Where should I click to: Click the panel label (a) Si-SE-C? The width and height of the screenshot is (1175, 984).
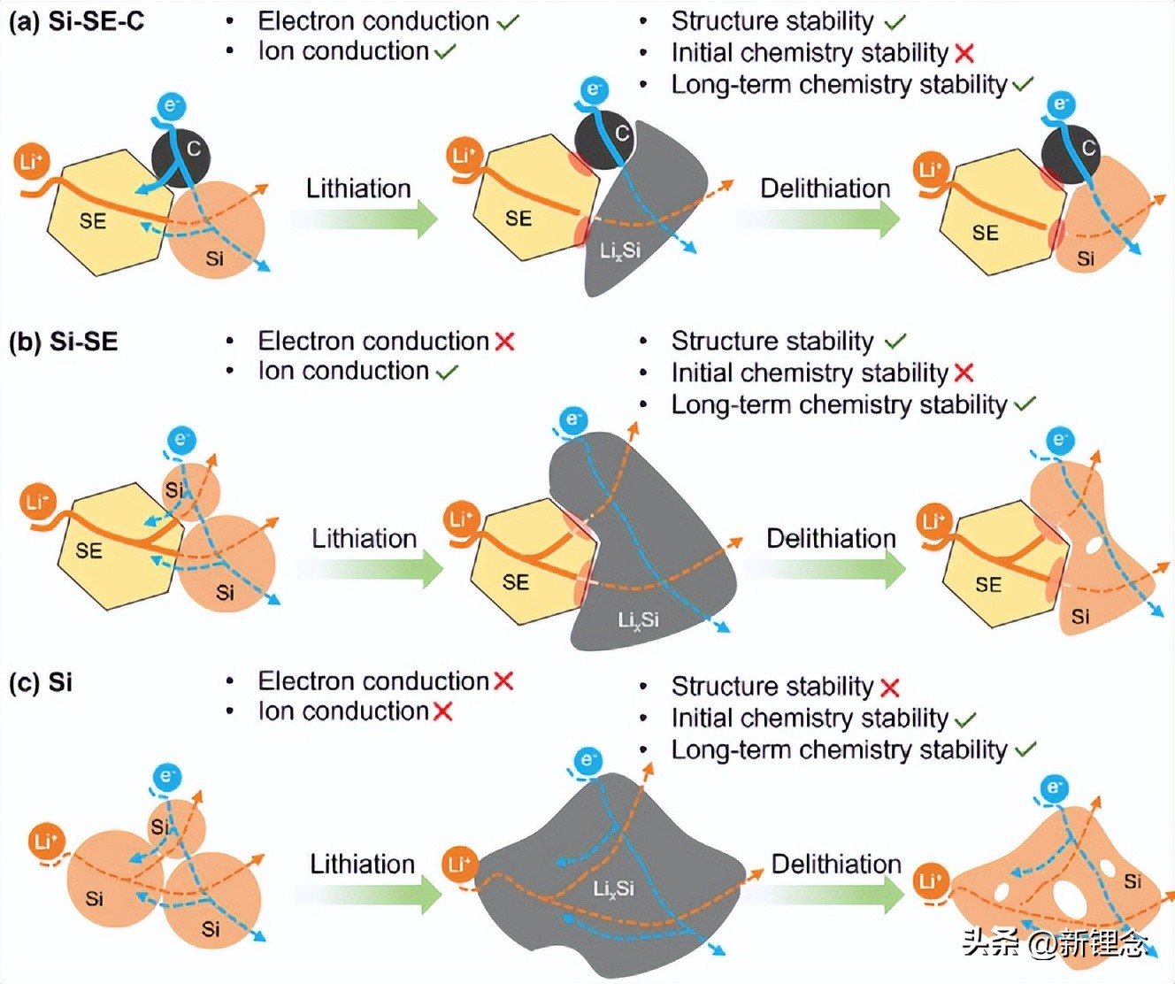(76, 21)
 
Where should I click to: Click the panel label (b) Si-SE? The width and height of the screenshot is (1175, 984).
(63, 342)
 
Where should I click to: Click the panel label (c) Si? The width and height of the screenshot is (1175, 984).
(41, 682)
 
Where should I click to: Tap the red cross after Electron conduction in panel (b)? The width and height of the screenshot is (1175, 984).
(504, 342)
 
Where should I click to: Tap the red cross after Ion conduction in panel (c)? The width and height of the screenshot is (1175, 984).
(442, 711)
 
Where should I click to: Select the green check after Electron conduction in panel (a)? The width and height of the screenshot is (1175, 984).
(508, 22)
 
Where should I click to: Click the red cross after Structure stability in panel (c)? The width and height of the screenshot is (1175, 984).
(890, 688)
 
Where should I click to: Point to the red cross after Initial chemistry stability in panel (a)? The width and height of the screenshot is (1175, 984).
(964, 54)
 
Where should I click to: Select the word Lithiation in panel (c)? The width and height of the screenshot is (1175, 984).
(362, 864)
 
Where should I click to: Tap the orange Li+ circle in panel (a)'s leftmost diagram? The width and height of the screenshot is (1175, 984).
(31, 162)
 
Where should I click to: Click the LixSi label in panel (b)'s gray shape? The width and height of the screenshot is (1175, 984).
(638, 620)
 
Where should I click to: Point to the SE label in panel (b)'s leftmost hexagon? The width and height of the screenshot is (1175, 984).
(88, 551)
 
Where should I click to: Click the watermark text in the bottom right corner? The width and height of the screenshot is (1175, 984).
(1056, 943)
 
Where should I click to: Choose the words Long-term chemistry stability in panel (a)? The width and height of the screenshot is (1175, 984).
(839, 85)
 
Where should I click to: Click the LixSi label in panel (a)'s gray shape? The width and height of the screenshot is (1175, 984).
(619, 251)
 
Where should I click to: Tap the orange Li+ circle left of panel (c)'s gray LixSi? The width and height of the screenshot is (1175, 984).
(458, 864)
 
